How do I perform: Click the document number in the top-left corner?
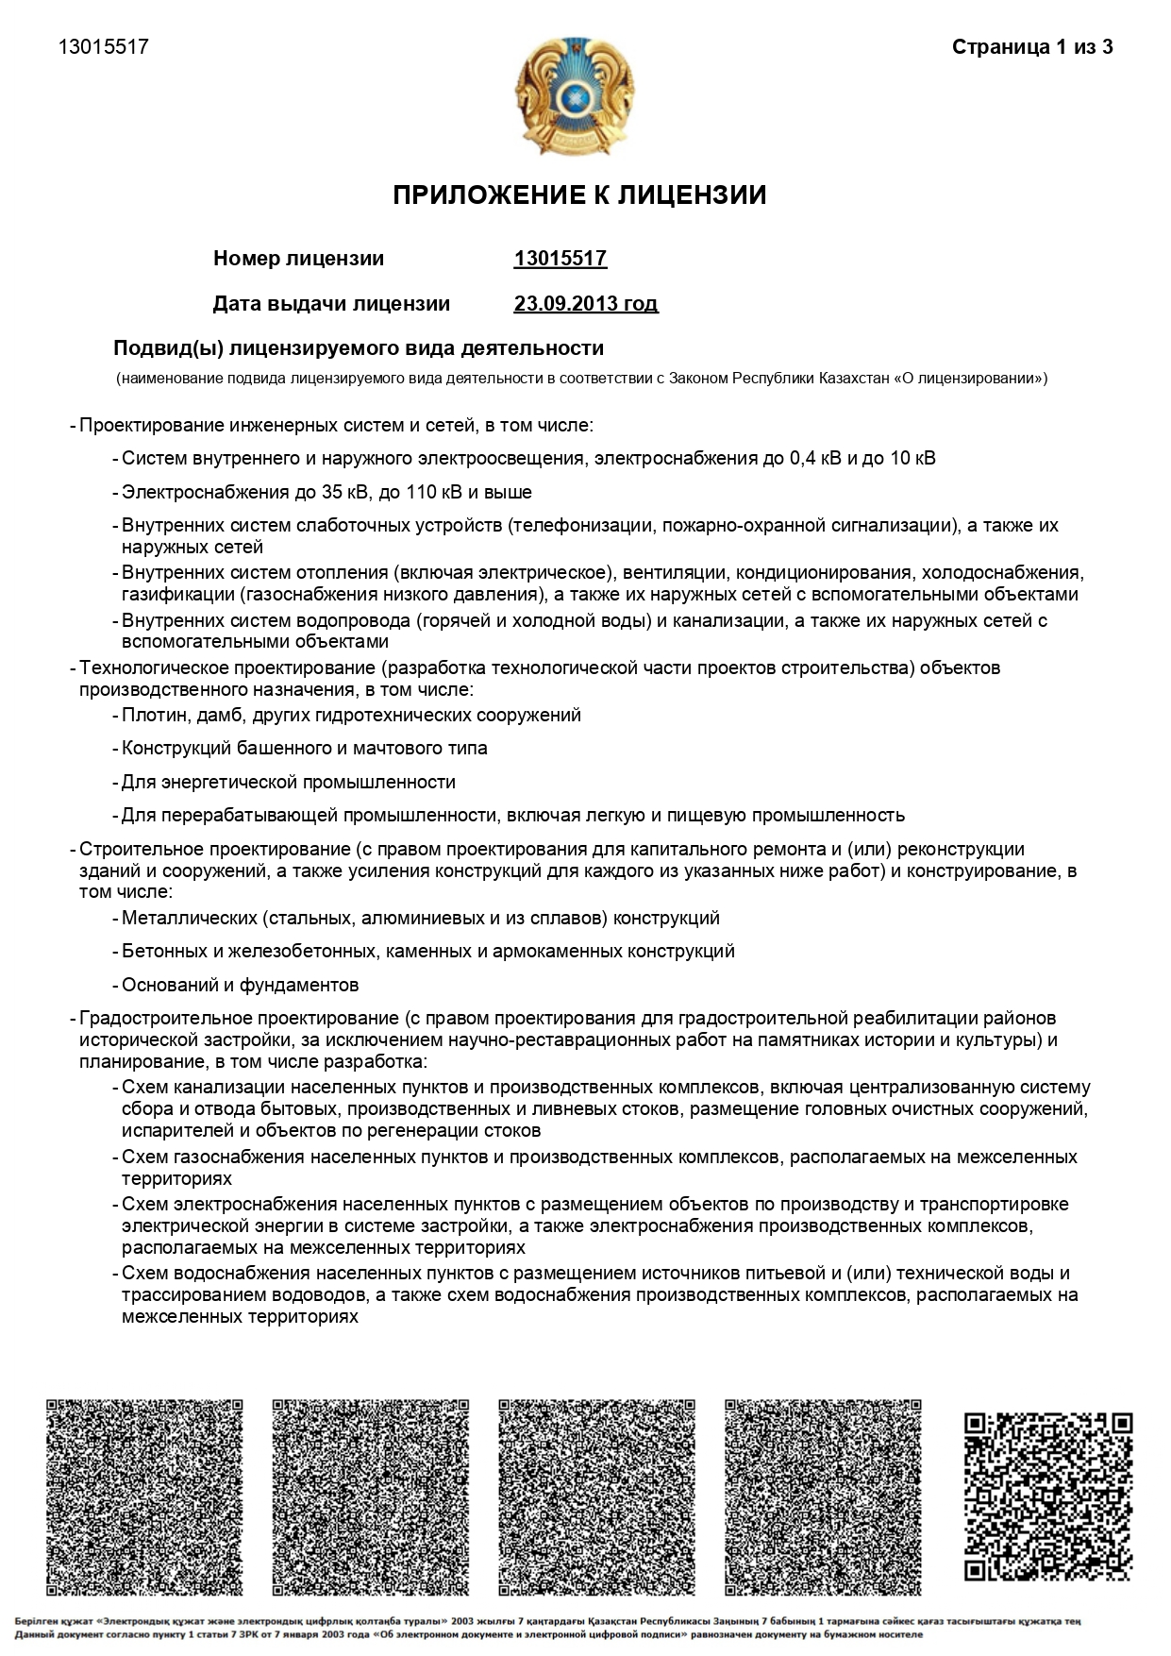[x=104, y=47]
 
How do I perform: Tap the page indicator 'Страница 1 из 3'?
[x=1032, y=47]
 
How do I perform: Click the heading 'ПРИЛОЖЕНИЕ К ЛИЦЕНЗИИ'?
[x=579, y=195]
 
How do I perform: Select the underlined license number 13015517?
[x=560, y=259]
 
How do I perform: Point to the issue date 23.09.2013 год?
[x=585, y=304]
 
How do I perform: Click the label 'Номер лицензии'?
[x=298, y=259]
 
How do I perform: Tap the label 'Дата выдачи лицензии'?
[x=331, y=304]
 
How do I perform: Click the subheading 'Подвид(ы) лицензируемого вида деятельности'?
[x=359, y=348]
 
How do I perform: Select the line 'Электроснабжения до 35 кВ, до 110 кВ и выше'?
[x=326, y=492]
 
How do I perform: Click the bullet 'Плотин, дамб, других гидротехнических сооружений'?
[x=351, y=715]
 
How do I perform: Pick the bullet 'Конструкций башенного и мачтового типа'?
[x=305, y=748]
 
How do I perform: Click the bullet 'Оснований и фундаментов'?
[x=241, y=985]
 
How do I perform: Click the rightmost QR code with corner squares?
[x=1047, y=1495]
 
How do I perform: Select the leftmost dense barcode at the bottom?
[x=144, y=1497]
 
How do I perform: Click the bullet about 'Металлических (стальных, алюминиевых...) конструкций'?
[x=421, y=918]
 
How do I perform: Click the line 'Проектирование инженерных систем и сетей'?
[x=336, y=426]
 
